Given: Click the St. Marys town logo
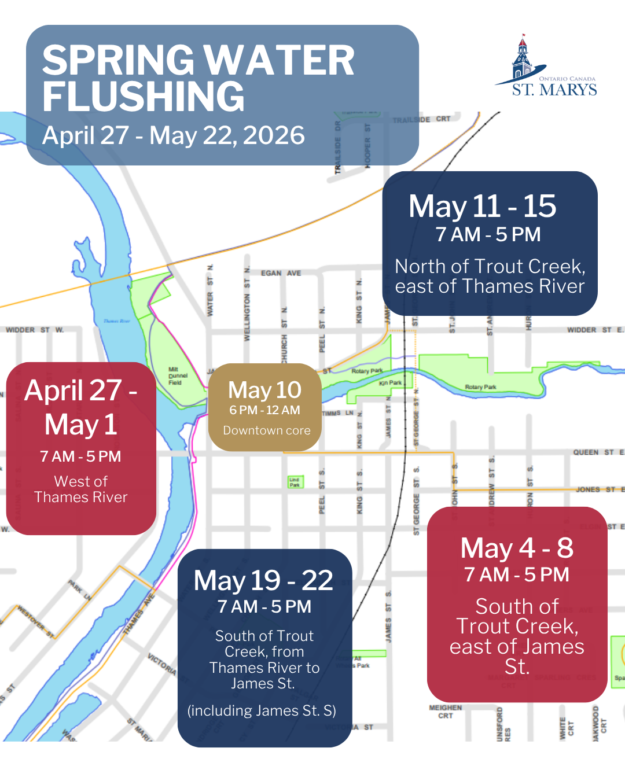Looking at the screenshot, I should (x=546, y=66).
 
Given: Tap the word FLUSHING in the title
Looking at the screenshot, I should (x=144, y=96).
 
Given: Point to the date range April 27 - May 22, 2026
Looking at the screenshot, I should (x=174, y=135).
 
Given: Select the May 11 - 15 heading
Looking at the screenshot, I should (x=482, y=206).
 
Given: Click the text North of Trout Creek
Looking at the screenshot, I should (x=490, y=266).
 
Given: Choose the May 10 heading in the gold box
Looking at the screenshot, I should (x=264, y=390).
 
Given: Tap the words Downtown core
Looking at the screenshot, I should (x=266, y=430).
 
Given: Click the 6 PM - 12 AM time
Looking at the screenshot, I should (x=264, y=410).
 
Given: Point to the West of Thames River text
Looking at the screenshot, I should (x=81, y=489).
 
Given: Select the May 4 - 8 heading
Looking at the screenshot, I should (x=517, y=548).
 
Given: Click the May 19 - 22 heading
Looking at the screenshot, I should (x=263, y=580).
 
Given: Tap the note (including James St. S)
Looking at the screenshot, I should (x=262, y=710).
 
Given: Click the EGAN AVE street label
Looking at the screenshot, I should (x=281, y=273).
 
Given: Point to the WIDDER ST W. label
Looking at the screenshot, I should (x=35, y=330).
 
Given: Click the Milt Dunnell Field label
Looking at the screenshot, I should (x=178, y=375).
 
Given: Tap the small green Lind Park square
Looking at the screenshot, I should (x=295, y=482).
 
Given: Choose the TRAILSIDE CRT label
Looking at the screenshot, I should (x=421, y=119).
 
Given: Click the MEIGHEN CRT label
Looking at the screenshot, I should (x=446, y=712).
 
